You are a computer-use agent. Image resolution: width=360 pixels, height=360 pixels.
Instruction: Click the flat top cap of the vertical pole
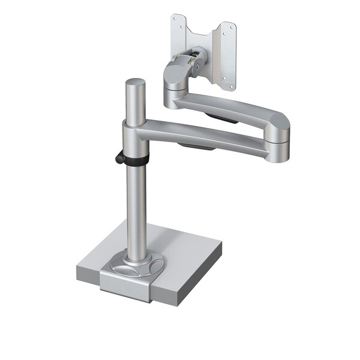point(136,83)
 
